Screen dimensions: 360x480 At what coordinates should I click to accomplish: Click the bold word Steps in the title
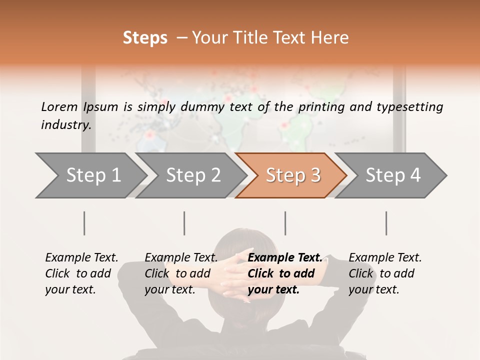145,38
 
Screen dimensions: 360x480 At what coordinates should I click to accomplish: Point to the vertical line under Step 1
84,223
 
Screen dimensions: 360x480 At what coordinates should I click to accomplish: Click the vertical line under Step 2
184,223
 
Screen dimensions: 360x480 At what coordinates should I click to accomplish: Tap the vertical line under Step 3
285,223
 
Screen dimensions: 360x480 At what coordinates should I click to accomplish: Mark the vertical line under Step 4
386,223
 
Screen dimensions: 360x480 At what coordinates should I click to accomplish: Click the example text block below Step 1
81,273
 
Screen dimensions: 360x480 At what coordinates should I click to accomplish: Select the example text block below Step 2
180,273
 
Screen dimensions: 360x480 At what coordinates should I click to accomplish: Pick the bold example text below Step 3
284,273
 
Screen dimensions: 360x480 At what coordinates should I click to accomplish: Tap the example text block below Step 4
384,273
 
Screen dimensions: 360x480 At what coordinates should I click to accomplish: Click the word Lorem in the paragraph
59,107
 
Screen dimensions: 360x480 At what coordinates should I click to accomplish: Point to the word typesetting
414,107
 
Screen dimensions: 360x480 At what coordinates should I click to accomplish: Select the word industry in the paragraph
65,125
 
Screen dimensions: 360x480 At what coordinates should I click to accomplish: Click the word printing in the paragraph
320,107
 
